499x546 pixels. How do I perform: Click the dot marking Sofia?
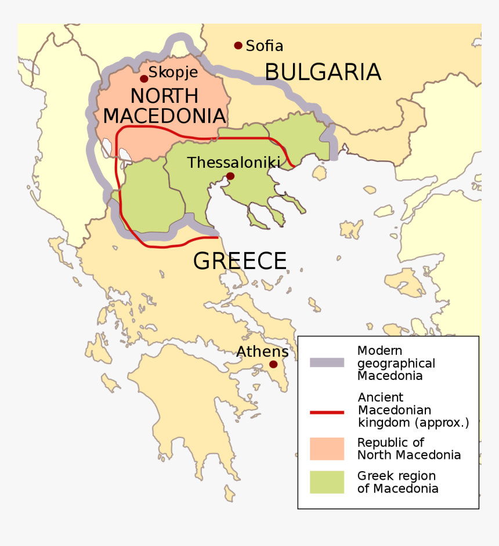pyautogui.click(x=238, y=45)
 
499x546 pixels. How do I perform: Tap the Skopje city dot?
pyautogui.click(x=144, y=78)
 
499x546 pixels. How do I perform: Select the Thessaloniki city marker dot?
pyautogui.click(x=230, y=176)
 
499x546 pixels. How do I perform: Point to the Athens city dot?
pyautogui.click(x=272, y=365)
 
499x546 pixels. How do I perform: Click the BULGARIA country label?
pyautogui.click(x=323, y=72)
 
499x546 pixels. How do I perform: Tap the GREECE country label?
pyautogui.click(x=240, y=261)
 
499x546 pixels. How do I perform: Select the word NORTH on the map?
pyautogui.click(x=164, y=96)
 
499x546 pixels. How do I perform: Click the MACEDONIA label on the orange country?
pyautogui.click(x=164, y=115)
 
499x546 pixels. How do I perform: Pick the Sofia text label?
pyautogui.click(x=265, y=46)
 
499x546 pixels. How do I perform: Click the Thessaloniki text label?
pyautogui.click(x=233, y=163)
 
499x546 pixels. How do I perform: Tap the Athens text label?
pyautogui.click(x=262, y=351)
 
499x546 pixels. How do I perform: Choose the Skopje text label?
pyautogui.click(x=173, y=73)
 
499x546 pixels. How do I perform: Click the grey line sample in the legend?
pyautogui.click(x=327, y=363)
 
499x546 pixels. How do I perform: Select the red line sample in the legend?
pyautogui.click(x=327, y=412)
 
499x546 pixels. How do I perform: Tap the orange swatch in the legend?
pyautogui.click(x=327, y=448)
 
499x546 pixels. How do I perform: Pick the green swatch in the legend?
pyautogui.click(x=327, y=482)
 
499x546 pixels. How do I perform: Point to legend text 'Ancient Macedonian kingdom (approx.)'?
pyautogui.click(x=413, y=410)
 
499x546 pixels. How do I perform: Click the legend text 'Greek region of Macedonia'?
pyautogui.click(x=397, y=482)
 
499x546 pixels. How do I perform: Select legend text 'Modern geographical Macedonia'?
pyautogui.click(x=396, y=363)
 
